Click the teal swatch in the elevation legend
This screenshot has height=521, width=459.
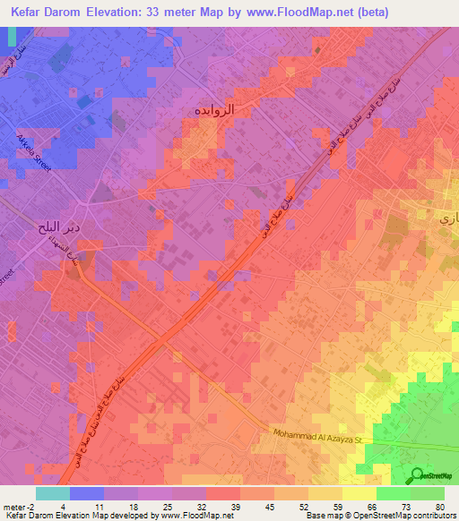pyautogui.click(x=52, y=493)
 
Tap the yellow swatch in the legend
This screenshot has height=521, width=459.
pyautogui.click(x=359, y=493)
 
